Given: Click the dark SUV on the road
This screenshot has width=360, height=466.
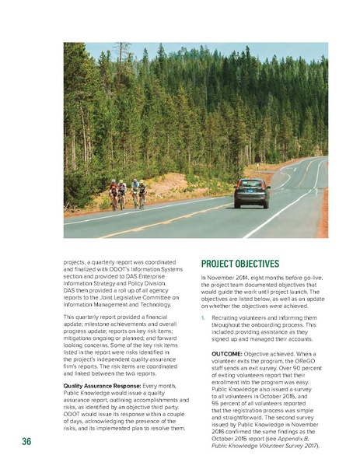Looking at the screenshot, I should pos(252,192).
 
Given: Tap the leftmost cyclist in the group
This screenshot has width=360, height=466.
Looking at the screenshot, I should pos(114,194).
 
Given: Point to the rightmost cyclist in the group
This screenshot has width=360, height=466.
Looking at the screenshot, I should pos(142,194).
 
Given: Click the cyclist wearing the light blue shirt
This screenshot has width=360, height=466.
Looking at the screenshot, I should pos(135,192).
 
